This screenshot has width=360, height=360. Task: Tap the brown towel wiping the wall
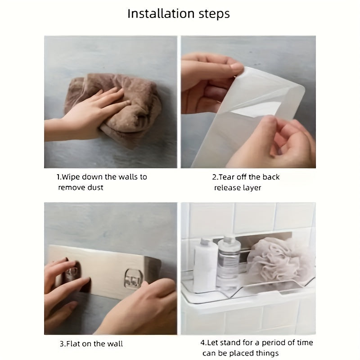point(115,108)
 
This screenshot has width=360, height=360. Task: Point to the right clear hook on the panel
point(133,279)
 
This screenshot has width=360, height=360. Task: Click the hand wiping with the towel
point(87,115)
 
